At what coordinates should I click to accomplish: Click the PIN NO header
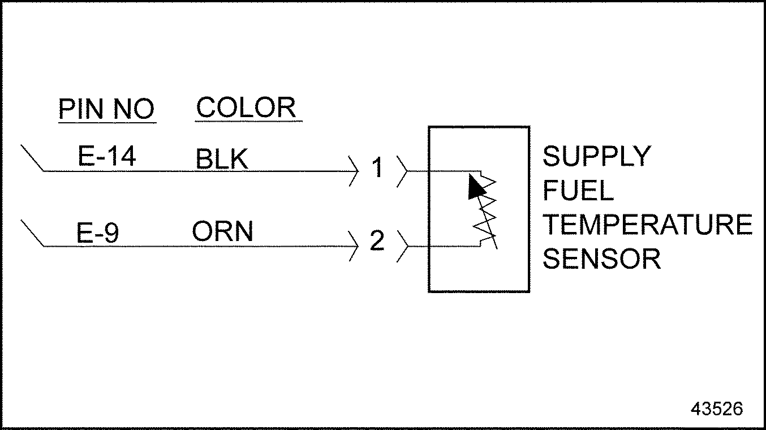click(x=106, y=109)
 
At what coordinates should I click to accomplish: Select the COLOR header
click(x=247, y=107)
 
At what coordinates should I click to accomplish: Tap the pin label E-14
click(x=107, y=156)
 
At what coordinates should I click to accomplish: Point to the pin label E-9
click(x=98, y=233)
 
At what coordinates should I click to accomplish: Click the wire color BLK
click(x=222, y=160)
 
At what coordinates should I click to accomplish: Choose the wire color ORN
click(x=222, y=232)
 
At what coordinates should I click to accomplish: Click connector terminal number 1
click(x=377, y=169)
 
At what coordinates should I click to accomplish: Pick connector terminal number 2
click(x=377, y=242)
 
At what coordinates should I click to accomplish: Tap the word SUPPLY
click(x=597, y=156)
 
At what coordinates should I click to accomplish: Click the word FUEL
click(x=578, y=191)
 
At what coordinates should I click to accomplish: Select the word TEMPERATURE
click(x=647, y=225)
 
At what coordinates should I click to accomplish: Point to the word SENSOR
click(x=601, y=259)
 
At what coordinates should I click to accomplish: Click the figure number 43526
click(x=716, y=408)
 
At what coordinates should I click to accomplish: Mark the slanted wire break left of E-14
click(x=32, y=158)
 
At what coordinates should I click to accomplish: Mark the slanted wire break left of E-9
click(x=32, y=233)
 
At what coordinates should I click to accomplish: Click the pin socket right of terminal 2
click(x=402, y=246)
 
